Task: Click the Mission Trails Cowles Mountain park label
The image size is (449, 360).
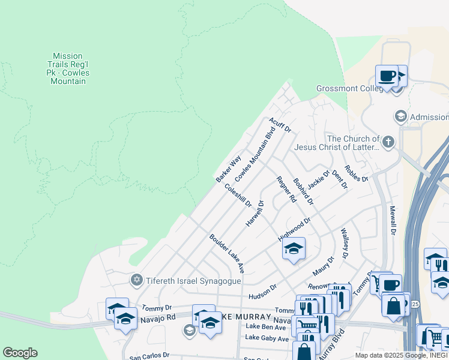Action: coord(68,68)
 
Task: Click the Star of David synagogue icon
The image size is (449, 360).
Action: coord(136,280)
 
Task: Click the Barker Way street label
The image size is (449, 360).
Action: coord(228,169)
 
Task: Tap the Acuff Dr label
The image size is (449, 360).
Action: coord(280,125)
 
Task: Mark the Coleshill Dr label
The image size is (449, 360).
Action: coord(238,196)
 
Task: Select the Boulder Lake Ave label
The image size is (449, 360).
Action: coord(227,251)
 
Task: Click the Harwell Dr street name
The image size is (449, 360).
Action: coord(255,214)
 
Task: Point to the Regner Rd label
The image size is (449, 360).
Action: coord(286,188)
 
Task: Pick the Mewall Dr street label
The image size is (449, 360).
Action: coord(393,220)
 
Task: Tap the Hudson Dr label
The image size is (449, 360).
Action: coord(262,292)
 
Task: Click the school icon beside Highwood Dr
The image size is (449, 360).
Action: coord(294,250)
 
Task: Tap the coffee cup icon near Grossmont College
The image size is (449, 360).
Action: coord(387,77)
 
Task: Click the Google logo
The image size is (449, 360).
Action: coord(20,353)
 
